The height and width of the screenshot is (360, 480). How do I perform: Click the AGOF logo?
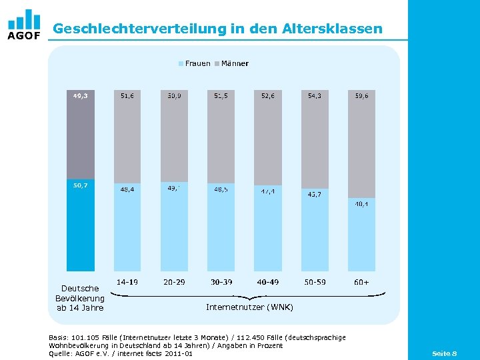[24, 25]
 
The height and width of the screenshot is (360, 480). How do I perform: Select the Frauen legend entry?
[194, 64]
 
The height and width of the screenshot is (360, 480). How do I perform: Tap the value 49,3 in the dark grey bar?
[81, 95]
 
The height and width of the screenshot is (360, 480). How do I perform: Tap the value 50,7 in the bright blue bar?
[81, 185]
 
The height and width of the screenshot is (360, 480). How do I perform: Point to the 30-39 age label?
[221, 283]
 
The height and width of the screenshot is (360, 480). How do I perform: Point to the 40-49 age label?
[268, 283]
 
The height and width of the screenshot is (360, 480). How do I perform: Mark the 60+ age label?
[361, 283]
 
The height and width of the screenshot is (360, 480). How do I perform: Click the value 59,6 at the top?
[361, 96]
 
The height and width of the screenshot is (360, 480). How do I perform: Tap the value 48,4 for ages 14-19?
[127, 190]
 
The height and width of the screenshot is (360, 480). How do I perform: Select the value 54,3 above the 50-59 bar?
[315, 96]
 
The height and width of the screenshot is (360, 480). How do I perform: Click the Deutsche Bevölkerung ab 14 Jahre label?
[80, 298]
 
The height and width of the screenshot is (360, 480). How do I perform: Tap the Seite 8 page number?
[444, 353]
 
